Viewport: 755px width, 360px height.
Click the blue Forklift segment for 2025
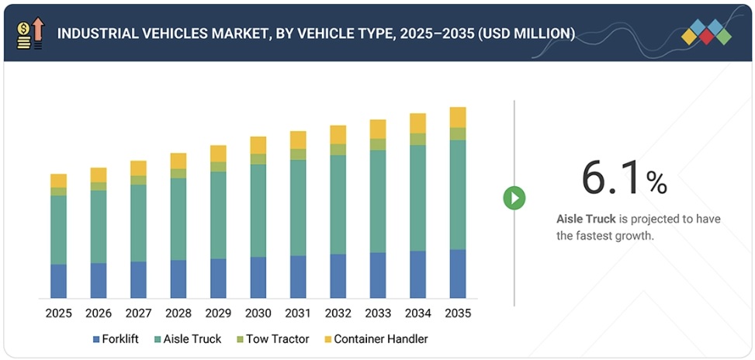(58, 281)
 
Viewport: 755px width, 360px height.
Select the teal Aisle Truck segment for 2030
(258, 210)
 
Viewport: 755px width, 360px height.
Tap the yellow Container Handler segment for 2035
(458, 117)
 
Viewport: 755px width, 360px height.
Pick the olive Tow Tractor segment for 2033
(378, 144)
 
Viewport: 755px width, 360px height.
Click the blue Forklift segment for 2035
(458, 273)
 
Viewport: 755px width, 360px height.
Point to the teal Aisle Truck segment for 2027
(138, 223)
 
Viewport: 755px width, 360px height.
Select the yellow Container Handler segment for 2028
(178, 161)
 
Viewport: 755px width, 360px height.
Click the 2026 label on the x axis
(99, 313)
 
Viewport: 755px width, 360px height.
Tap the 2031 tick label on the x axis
(298, 313)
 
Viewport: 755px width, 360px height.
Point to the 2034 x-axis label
(417, 313)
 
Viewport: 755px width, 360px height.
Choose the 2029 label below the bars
(218, 313)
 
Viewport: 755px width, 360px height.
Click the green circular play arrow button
(514, 198)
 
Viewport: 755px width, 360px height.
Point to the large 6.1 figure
(612, 178)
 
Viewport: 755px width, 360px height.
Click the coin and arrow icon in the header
(30, 33)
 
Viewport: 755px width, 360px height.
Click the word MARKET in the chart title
(236, 33)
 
